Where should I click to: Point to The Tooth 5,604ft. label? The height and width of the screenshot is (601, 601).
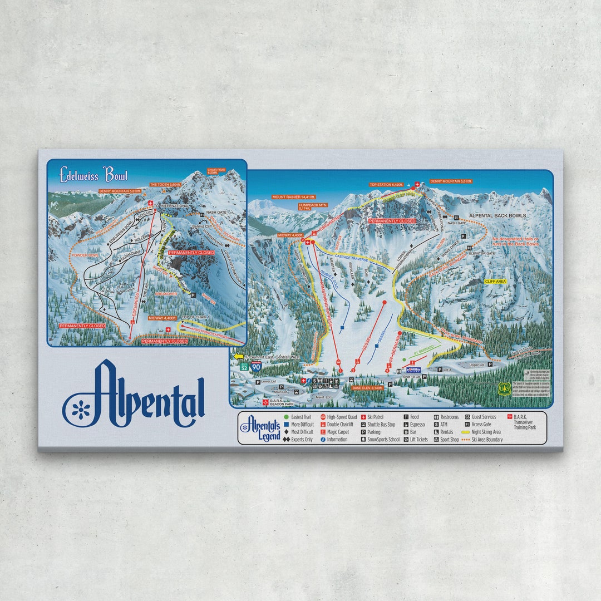165,185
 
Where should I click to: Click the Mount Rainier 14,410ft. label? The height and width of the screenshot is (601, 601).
290,197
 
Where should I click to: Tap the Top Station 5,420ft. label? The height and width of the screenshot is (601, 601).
386,184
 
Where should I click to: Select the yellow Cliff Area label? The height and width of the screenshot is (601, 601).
495,282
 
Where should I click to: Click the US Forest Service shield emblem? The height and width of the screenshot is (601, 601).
505,388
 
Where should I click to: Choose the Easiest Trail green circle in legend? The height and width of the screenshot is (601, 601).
287,416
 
